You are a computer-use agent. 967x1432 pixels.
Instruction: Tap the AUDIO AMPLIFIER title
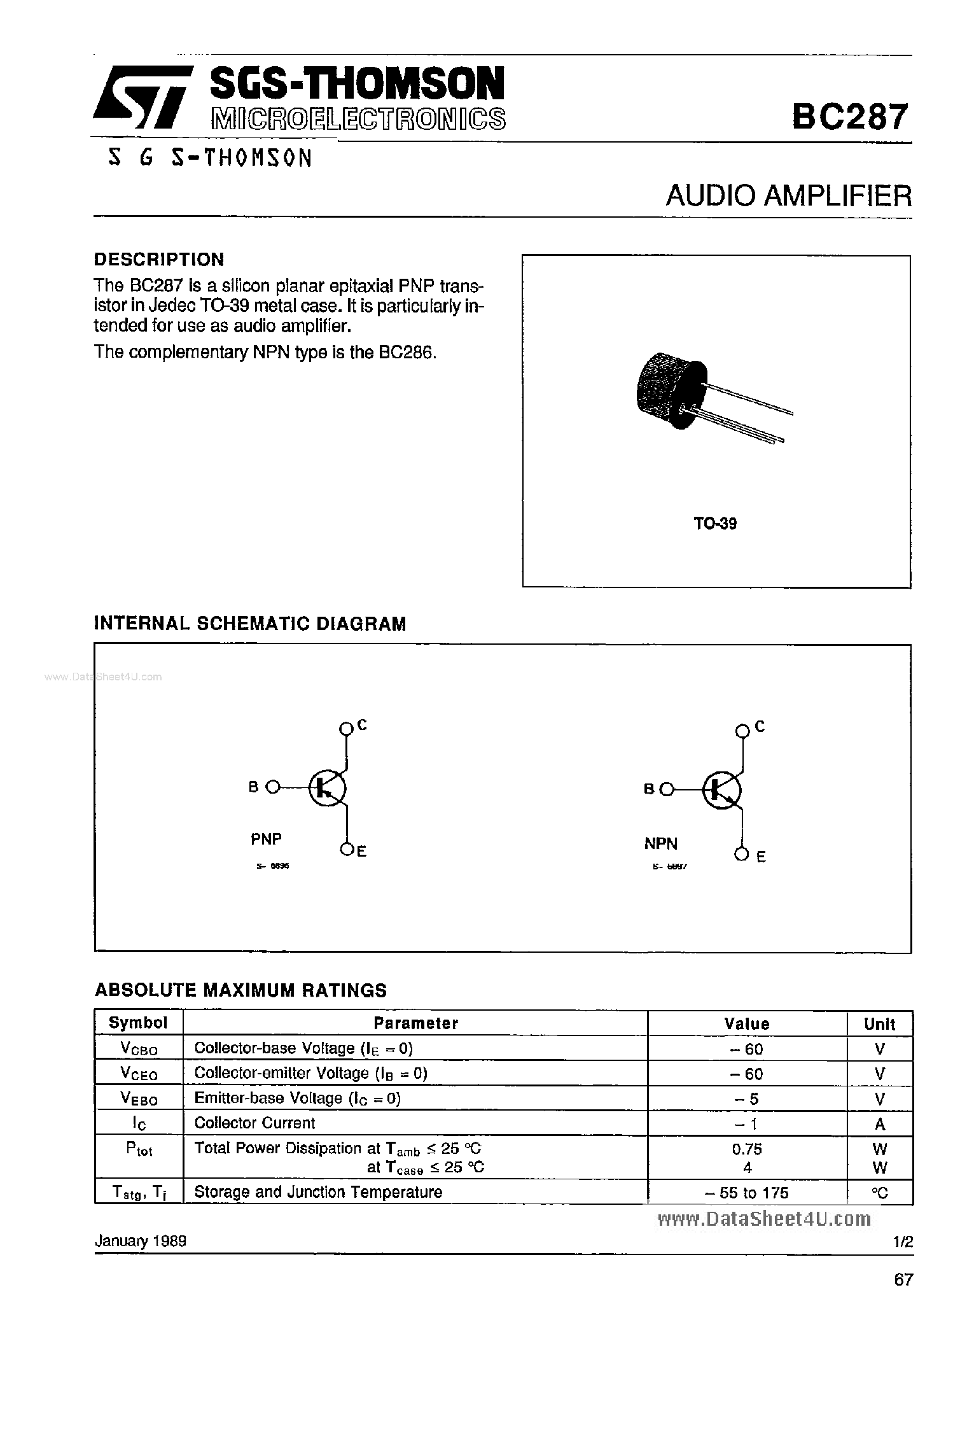pyautogui.click(x=788, y=196)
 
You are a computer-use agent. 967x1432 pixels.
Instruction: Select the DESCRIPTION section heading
pyautogui.click(x=159, y=259)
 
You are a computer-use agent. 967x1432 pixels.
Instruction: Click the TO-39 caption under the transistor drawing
pyautogui.click(x=715, y=524)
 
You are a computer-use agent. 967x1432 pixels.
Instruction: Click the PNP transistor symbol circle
pyautogui.click(x=327, y=789)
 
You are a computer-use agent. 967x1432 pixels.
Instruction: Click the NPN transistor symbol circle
pyautogui.click(x=721, y=790)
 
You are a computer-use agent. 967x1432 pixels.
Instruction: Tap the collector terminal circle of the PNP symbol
pyautogui.click(x=346, y=728)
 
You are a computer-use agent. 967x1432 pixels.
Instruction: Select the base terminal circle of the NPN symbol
pyautogui.click(x=666, y=789)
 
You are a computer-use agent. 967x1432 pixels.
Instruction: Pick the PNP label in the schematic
pyautogui.click(x=266, y=839)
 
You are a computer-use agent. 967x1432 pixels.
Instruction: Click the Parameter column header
pyautogui.click(x=415, y=1023)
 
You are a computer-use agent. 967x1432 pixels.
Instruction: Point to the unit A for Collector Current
pyautogui.click(x=880, y=1124)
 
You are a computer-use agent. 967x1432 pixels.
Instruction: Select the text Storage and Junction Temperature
pyautogui.click(x=318, y=1191)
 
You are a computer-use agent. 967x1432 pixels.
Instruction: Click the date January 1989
pyautogui.click(x=140, y=1241)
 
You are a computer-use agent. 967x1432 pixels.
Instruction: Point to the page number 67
pyautogui.click(x=903, y=1279)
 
